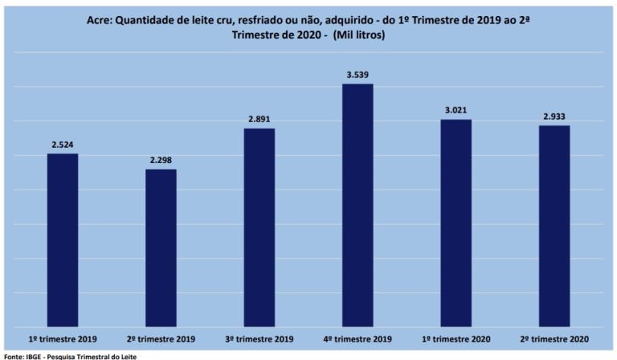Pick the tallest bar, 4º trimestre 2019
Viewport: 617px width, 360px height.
358,205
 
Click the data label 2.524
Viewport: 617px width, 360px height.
63,145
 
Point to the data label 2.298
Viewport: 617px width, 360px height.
161,161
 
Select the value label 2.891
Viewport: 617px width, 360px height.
259,120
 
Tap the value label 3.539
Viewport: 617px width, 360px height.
358,76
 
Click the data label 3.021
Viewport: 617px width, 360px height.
456,111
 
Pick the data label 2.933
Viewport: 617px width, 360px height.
554,117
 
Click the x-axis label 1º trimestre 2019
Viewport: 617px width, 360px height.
63,338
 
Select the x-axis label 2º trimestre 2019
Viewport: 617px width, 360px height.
161,338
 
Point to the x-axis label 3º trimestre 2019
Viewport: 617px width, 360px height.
259,338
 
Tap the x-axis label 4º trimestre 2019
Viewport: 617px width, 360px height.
358,338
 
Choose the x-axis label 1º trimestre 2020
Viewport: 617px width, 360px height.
456,338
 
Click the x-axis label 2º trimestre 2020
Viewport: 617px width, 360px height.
554,338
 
